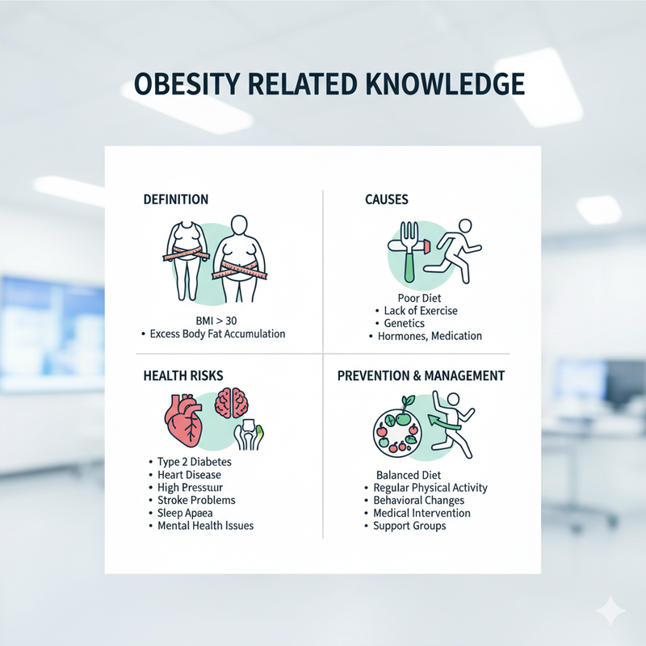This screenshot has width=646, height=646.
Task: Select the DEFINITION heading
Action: pos(175,199)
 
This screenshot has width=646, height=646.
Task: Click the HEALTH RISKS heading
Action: pos(182,375)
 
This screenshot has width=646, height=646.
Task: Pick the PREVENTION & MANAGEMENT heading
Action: pos(421,375)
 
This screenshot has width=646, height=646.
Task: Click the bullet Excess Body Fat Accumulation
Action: pos(217,333)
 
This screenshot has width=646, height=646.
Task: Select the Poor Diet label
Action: pos(419,297)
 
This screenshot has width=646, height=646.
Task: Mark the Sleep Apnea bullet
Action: pos(188,513)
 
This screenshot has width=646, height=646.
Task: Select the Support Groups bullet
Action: pos(409,526)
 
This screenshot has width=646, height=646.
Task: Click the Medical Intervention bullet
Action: pos(422,513)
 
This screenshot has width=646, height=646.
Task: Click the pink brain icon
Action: pos(234,405)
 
